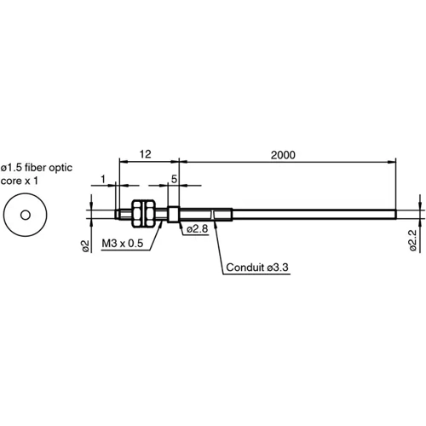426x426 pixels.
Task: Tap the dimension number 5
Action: click(174, 179)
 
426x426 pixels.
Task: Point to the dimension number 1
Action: click(103, 179)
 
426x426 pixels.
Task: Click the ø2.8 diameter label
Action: click(199, 228)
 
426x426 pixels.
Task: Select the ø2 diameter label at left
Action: click(86, 245)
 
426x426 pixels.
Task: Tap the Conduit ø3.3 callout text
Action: click(257, 268)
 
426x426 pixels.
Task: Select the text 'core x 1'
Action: click(22, 181)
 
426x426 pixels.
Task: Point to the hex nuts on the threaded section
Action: click(145, 211)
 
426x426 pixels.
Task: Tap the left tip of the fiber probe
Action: click(115, 211)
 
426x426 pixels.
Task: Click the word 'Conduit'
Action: click(245, 268)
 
